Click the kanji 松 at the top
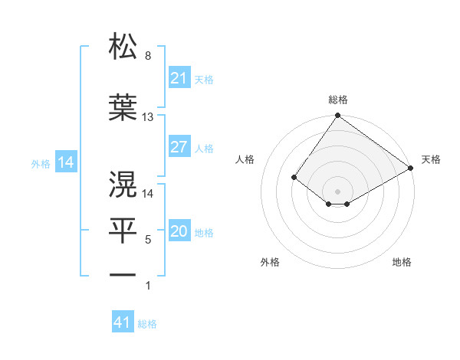click(123, 47)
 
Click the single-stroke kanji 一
click(123, 274)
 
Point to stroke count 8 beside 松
click(147, 56)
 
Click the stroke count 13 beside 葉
click(148, 117)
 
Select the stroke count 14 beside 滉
click(148, 194)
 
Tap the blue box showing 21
click(179, 77)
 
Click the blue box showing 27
click(179, 147)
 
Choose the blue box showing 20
click(179, 232)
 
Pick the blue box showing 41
click(122, 322)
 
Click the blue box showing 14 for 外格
click(65, 162)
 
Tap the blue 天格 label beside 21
click(204, 79)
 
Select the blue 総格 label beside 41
click(147, 324)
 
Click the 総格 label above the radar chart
click(337, 100)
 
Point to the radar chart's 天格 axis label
click(431, 159)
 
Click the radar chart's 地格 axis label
click(402, 262)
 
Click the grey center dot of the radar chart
click(337, 191)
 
